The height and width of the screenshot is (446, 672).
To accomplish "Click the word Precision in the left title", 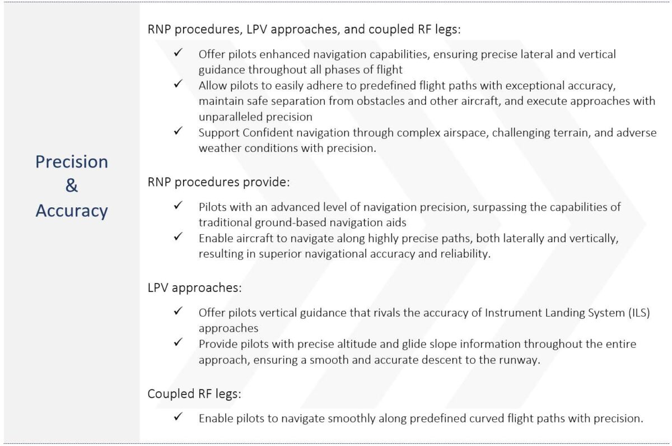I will click(72, 162).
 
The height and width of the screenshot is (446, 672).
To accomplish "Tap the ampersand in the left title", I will click(72, 186).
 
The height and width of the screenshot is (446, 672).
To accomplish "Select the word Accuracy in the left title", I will click(72, 211).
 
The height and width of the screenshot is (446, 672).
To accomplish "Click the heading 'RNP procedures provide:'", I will click(219, 182).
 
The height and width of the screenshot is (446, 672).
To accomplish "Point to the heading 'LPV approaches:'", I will click(194, 288).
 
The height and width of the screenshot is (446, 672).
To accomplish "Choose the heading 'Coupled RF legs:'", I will click(194, 394).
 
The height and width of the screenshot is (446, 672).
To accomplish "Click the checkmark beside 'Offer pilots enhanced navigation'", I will click(178, 53).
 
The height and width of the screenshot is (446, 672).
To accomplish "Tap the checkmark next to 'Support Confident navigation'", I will click(178, 132).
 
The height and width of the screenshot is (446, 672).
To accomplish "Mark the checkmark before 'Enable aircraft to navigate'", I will click(178, 237).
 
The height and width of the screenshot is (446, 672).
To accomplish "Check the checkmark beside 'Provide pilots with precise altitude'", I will click(178, 343).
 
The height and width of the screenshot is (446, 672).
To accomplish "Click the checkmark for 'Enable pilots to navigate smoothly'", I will click(178, 417).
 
